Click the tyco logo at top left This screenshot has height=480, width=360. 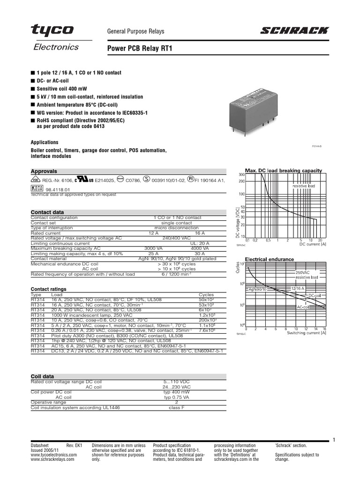click(x=52, y=31)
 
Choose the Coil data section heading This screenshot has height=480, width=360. click(x=42, y=376)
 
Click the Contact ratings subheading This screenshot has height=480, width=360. click(x=48, y=289)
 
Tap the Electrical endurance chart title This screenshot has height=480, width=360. click(x=270, y=259)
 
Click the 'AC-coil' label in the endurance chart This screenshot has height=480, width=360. click(x=304, y=307)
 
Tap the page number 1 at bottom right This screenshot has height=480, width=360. click(x=334, y=440)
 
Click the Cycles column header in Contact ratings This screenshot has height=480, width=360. click(x=206, y=295)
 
